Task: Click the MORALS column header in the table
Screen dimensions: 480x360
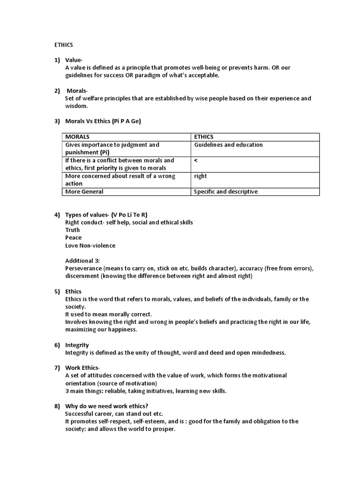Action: pos(78,137)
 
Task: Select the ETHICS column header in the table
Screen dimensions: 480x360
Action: pos(204,137)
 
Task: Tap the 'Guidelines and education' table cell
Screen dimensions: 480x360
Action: pos(228,145)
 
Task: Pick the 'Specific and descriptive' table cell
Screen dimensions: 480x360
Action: pos(226,191)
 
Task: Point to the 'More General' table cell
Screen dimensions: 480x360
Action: pos(84,191)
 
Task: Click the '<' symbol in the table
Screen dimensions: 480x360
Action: pos(196,160)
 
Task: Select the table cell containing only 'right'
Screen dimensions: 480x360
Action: pos(201,176)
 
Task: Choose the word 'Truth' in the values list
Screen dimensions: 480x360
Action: pos(73,230)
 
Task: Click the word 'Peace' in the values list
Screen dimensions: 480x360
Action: pos(73,238)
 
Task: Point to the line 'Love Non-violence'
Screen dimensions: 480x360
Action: pos(90,245)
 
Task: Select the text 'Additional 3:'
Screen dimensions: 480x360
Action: pos(82,260)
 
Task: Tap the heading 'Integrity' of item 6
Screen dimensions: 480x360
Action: pos(77,345)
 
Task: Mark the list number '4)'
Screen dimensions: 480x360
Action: pos(57,215)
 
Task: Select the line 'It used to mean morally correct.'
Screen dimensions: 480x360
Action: pos(108,314)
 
